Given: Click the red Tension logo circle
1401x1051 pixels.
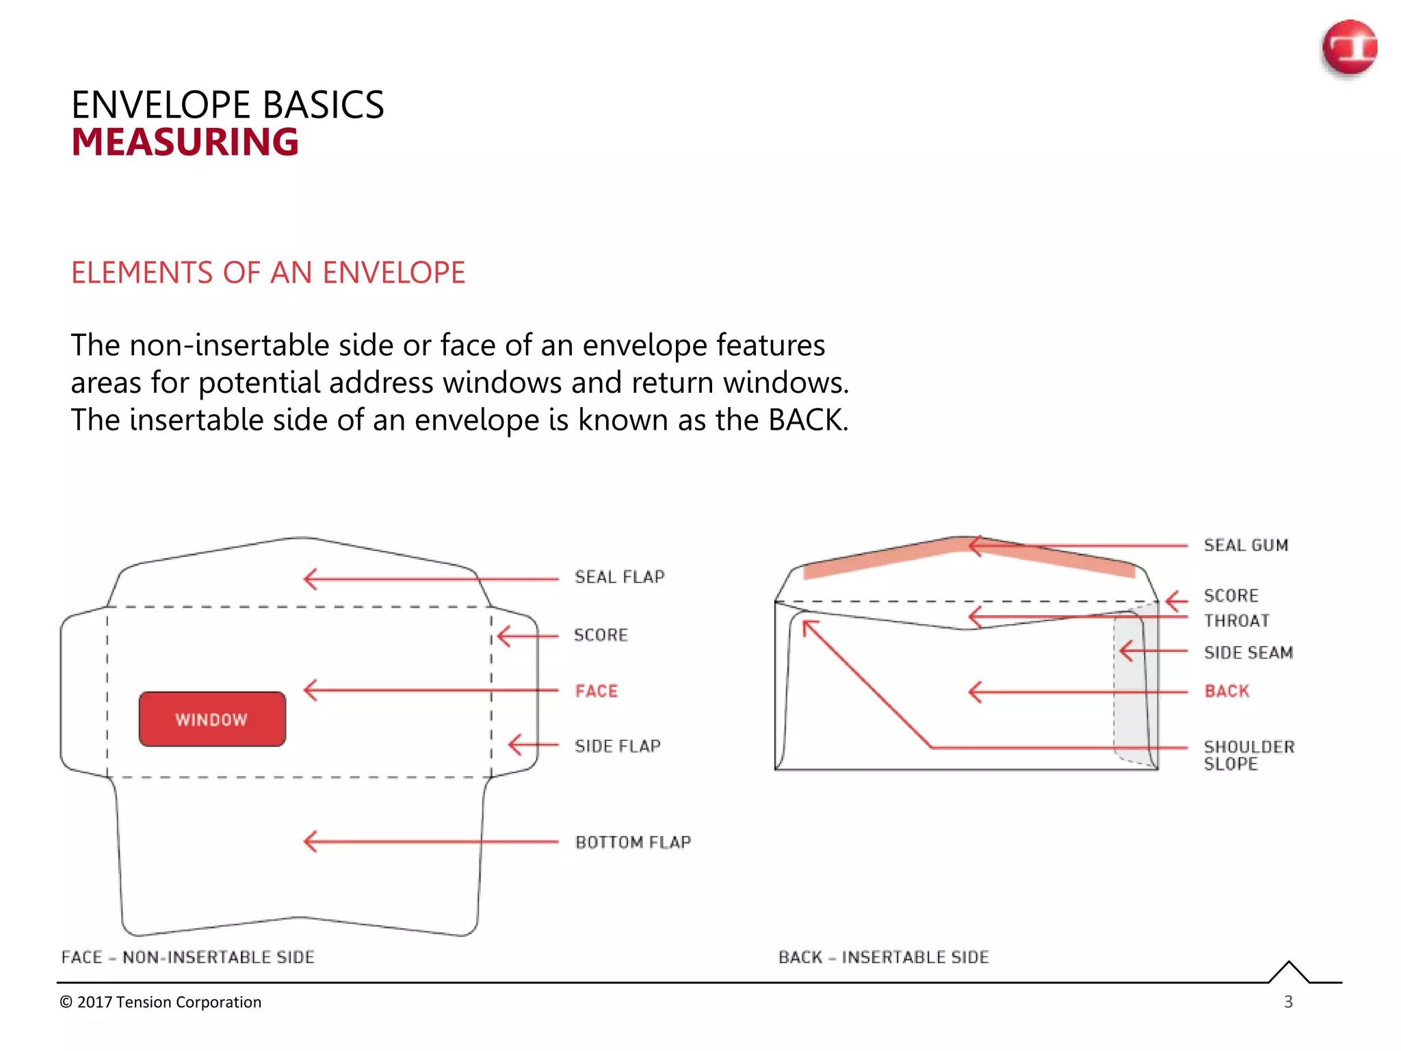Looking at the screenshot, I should point(1349,47).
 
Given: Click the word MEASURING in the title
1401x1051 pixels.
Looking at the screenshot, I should point(185,142).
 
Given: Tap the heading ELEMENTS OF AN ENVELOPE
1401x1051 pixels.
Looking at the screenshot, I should point(267,272).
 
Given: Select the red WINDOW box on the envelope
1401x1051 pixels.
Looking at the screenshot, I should point(212,719).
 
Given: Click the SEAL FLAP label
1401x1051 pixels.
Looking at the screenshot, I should point(619,577).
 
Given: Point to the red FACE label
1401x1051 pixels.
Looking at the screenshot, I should point(596,691).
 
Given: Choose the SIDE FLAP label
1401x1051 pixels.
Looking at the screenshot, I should point(617,746).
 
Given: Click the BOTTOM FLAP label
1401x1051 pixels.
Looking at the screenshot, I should point(633,842).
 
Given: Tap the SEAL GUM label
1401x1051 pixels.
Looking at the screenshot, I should point(1246,545).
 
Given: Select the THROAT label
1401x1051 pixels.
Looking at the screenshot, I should point(1236,621).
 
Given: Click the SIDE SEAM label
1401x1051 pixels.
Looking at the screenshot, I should point(1248,653).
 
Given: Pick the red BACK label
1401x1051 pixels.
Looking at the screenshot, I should point(1227,691).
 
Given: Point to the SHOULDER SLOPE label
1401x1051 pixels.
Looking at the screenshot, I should point(1248,755).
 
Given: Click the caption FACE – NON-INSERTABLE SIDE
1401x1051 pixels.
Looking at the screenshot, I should point(187,957).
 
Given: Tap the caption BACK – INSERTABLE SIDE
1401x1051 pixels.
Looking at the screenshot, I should point(883,957).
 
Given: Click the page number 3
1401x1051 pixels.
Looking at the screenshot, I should point(1288,1002).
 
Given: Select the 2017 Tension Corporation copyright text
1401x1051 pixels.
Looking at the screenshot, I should point(161,1002).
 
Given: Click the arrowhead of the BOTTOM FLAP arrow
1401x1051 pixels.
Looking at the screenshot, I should point(309,842).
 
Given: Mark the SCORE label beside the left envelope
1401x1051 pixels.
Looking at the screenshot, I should point(600,635).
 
